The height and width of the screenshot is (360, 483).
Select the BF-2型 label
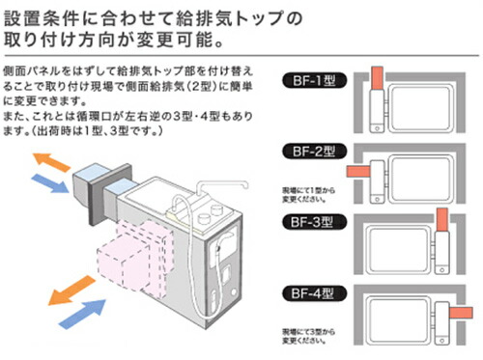(x=310, y=152)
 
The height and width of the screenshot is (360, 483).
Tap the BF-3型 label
(x=310, y=221)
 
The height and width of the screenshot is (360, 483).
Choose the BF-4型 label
(x=310, y=291)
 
